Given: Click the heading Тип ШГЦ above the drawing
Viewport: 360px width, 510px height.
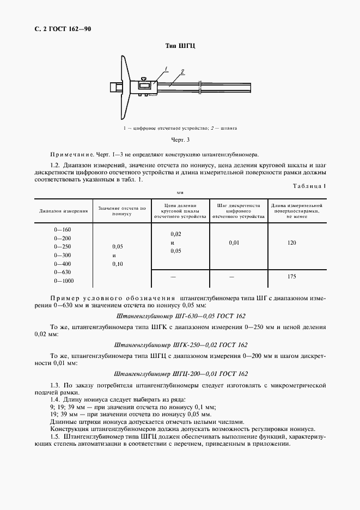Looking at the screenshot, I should (180, 46).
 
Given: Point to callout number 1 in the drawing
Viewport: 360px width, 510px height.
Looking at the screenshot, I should (167, 69).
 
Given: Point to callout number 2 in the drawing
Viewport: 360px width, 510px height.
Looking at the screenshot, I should (182, 71).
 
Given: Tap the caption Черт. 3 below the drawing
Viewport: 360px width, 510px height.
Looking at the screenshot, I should (180, 140).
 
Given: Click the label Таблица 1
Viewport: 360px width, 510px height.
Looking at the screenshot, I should (309, 186).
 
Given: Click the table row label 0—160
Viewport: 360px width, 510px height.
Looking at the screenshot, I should (63, 229).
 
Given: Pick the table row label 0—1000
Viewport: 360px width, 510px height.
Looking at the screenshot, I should (64, 281).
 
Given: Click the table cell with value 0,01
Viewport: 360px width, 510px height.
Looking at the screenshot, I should (234, 242).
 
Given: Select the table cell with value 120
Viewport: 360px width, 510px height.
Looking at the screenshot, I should (291, 242).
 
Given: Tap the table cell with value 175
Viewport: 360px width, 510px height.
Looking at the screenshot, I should (291, 277).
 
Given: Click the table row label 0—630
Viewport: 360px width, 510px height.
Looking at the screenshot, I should (63, 272).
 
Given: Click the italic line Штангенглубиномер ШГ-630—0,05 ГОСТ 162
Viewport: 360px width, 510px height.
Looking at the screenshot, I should (181, 316).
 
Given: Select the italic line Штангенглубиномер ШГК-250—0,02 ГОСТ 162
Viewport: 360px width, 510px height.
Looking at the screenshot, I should (181, 345).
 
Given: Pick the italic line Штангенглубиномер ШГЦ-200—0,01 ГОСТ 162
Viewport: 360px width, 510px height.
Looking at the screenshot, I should (181, 374).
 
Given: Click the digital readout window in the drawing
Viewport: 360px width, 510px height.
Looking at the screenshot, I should (145, 86).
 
